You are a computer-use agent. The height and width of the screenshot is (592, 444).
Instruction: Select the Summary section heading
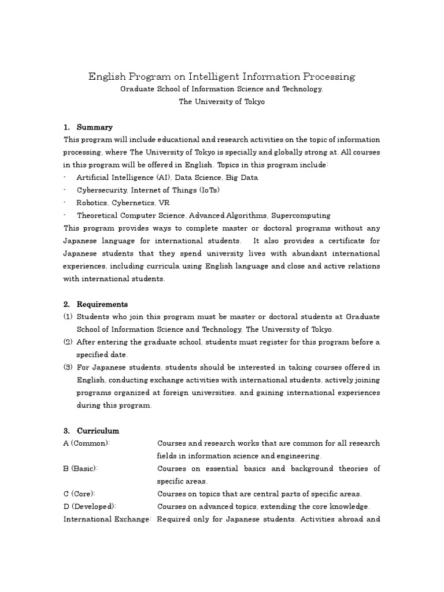[x=95, y=127]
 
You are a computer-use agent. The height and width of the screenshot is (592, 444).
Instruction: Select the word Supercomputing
[x=303, y=216]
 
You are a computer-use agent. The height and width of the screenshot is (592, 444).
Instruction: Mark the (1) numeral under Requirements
[x=68, y=317]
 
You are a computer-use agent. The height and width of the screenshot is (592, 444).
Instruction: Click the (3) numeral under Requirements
[x=68, y=368]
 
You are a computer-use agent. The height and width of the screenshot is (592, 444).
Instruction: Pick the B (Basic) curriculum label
[x=80, y=469]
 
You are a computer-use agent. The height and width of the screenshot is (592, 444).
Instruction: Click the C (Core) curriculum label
[x=79, y=494]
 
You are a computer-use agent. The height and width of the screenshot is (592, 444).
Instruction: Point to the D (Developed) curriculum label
[x=89, y=506]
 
